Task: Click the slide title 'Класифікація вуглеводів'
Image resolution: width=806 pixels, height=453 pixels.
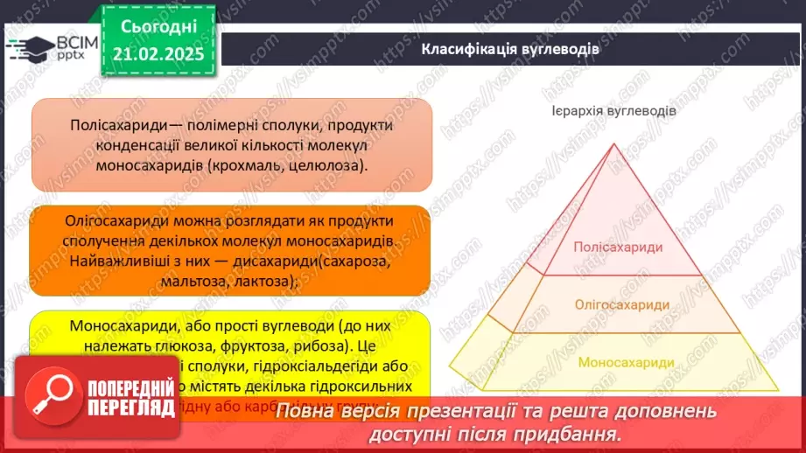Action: coord(510,48)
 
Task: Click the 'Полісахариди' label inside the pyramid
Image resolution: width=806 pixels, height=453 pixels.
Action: coord(618,247)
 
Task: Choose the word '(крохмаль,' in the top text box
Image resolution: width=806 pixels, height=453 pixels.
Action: coord(256,164)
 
